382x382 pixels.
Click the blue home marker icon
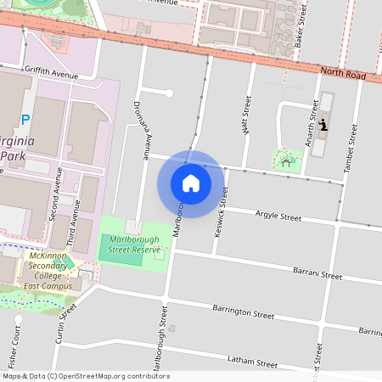click(x=191, y=183)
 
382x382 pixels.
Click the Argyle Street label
click(x=278, y=217)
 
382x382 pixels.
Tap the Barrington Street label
click(x=243, y=312)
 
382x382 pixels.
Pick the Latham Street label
click(x=253, y=362)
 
